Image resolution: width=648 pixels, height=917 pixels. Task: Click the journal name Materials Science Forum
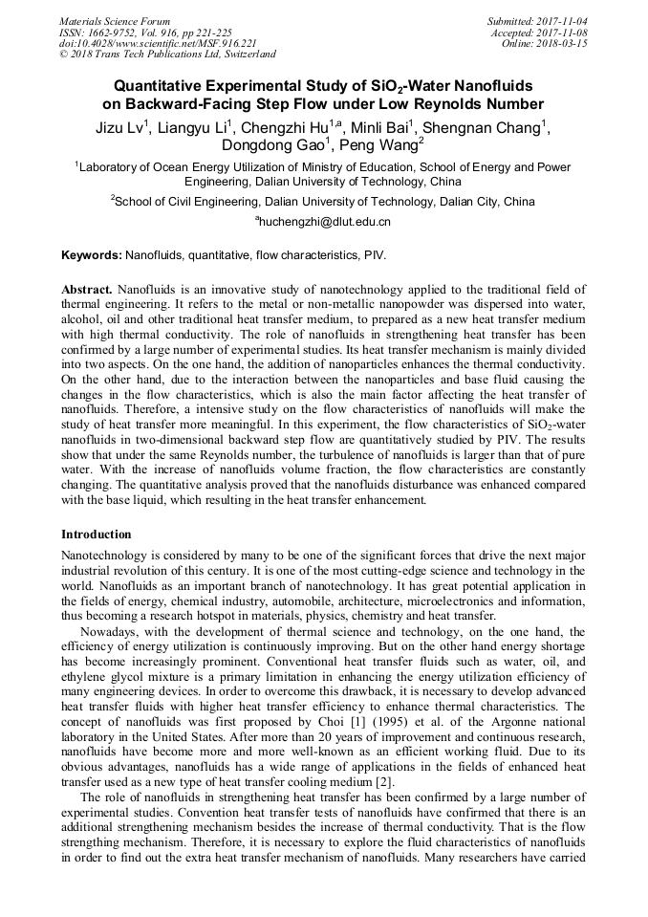[x=115, y=21]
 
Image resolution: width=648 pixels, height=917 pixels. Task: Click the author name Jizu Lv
[x=120, y=128]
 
